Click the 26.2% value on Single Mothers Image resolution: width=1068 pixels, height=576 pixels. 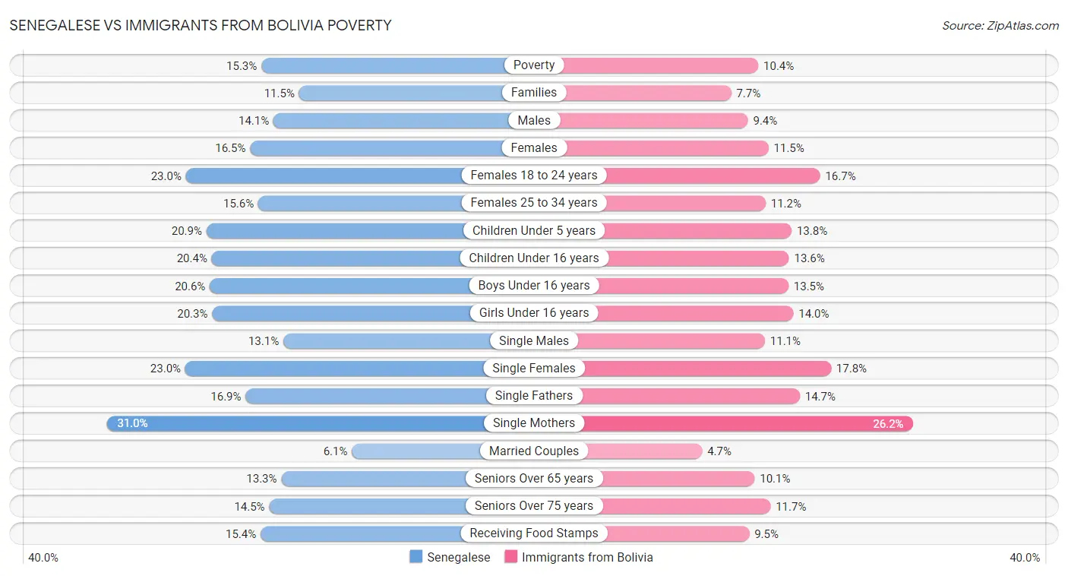pos(887,424)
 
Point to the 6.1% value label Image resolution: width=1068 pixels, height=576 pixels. pos(335,451)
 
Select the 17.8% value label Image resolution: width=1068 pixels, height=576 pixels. pos(852,369)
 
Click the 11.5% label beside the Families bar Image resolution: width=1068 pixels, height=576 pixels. pos(279,93)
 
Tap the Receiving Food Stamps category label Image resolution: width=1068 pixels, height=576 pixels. pos(534,533)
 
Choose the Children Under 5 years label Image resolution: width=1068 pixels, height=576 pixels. pos(534,230)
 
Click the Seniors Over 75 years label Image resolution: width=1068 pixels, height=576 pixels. pos(534,506)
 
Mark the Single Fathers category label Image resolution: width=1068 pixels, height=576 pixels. pos(534,396)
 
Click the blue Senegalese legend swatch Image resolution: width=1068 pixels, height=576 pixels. pos(416,557)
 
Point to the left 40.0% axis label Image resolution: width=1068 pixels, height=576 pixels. pos(43,558)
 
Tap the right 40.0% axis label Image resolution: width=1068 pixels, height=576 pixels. pos(1024,558)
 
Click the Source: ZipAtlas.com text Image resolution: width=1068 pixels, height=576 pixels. pos(1000,26)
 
